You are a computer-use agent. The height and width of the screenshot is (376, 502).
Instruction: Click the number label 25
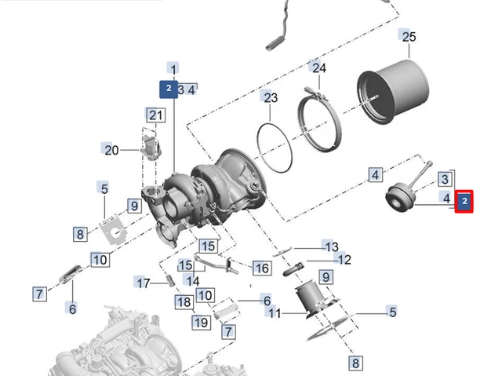coord(408,37)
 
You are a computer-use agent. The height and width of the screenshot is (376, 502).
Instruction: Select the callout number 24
coord(318,68)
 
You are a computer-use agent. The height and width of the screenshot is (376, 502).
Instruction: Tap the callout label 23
coord(270,97)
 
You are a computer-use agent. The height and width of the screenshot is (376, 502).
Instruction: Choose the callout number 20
coord(110,149)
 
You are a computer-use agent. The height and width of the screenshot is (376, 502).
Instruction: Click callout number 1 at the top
coord(173,69)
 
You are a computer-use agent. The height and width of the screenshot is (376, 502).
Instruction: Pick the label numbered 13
coord(331,246)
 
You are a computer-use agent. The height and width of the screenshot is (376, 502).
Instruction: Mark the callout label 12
coord(343,260)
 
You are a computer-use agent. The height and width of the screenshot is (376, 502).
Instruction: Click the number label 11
coord(273,313)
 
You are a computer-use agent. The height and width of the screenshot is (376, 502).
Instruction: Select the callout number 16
coord(261,268)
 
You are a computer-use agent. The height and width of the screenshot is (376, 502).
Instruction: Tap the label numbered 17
coord(142,283)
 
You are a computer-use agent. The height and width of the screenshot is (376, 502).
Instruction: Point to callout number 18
coord(184,302)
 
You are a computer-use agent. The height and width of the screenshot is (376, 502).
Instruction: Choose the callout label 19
coord(202,321)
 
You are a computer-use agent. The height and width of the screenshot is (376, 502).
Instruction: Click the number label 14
coord(192,280)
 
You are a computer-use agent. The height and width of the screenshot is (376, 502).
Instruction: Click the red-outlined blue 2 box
coord(464,202)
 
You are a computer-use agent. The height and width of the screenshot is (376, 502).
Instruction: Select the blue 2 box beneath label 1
coord(169,89)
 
